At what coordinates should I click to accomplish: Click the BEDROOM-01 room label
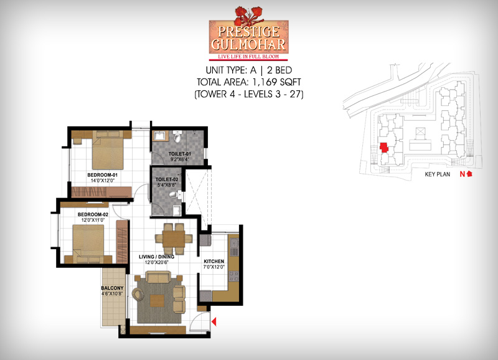coord(102,175)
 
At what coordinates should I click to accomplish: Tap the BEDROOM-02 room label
coord(93,214)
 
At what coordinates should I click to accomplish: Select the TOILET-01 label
coord(179,154)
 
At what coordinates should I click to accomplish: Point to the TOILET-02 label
coord(167,179)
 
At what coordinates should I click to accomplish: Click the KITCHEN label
coord(214,261)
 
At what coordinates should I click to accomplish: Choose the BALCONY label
coord(112,288)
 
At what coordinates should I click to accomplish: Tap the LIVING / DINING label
coord(156,257)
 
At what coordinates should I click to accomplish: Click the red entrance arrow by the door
coord(214,321)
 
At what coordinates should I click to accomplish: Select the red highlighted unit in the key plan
coord(384,148)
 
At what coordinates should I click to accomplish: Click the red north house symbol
coord(470,174)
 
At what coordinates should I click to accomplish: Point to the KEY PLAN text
coord(438,174)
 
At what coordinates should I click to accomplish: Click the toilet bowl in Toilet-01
coord(177,136)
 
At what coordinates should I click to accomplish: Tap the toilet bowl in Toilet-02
coord(175,194)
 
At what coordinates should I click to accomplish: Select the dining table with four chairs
coord(174,239)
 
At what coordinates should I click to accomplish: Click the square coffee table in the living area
coord(157,301)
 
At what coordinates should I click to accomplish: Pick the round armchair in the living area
coord(138,294)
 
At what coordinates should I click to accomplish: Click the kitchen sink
coord(234,244)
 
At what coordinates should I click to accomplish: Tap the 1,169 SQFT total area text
coord(276,82)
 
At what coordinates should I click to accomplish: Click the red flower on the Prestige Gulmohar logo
coord(248,16)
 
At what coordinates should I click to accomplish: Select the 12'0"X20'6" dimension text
coord(156,262)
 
